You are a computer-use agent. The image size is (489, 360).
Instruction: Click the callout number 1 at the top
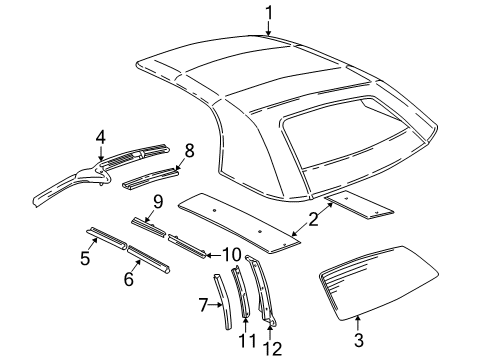269,11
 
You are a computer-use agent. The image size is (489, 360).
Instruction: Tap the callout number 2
314,219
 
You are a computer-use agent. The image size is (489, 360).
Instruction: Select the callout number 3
358,339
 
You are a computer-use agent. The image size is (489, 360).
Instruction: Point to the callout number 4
100,138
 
